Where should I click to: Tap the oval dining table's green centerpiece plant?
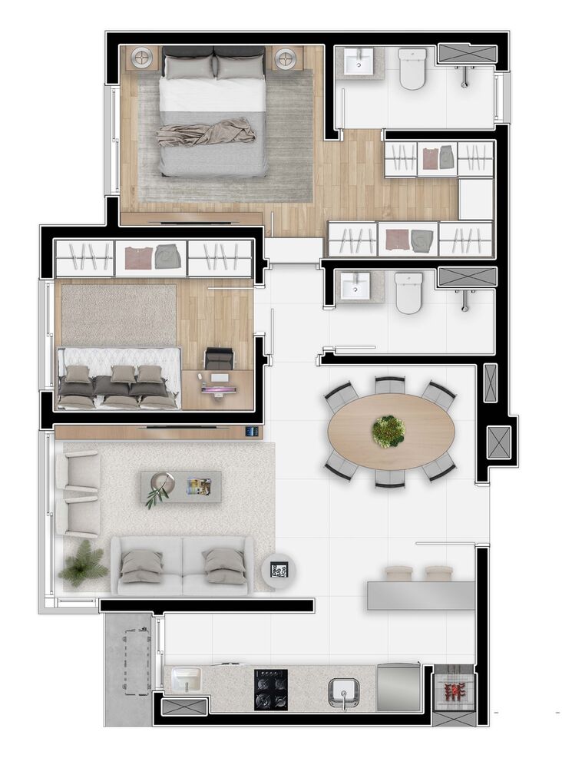click(388, 432)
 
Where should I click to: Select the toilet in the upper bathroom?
click(412, 68)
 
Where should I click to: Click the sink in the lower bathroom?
click(355, 285)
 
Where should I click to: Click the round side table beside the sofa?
click(279, 570)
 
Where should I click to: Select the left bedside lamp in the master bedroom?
click(143, 58)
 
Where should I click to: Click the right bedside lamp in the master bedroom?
click(286, 58)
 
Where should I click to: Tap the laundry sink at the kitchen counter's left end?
click(186, 679)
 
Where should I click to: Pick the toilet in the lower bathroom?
click(408, 292)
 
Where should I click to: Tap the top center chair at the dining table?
click(389, 384)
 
